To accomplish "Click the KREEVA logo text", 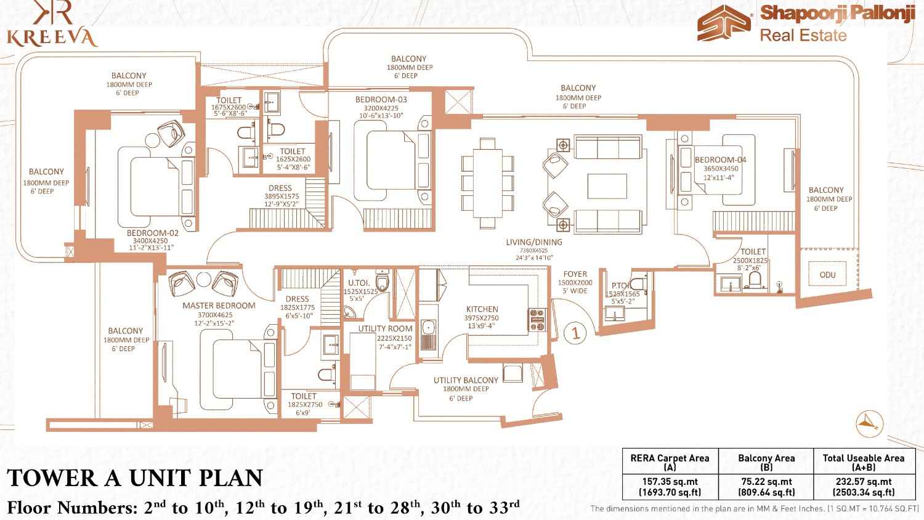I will (x=52, y=38).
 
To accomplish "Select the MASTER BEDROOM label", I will (x=219, y=306).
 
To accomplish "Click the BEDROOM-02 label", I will (x=152, y=233).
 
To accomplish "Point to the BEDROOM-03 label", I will (x=381, y=99).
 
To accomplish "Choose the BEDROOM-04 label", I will (x=720, y=160).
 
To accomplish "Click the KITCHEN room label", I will (x=482, y=309).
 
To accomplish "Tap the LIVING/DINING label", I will (x=534, y=242).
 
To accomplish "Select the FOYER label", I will (x=575, y=274).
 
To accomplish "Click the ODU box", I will (x=827, y=275).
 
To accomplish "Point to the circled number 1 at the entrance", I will (x=575, y=333).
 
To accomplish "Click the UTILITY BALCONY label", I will (x=465, y=380).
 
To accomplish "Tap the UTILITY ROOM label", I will (x=385, y=329).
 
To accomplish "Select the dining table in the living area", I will (x=487, y=184).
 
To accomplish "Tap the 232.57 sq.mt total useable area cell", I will (x=864, y=487).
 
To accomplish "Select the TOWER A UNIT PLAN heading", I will (x=135, y=478).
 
